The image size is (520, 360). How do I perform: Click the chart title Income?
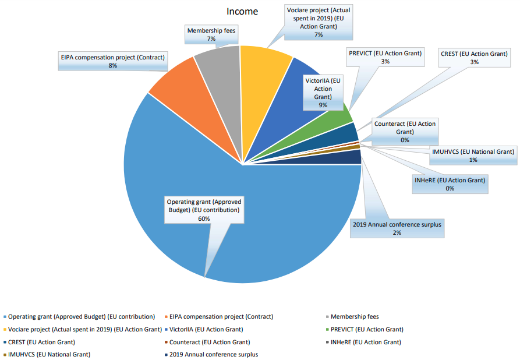click(242, 11)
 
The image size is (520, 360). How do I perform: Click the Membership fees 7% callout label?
click(211, 34)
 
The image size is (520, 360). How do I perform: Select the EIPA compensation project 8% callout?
click(114, 61)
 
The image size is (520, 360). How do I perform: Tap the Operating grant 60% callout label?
click(204, 210)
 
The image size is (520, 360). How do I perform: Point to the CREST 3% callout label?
click(475, 57)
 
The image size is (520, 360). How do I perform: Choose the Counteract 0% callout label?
click(405, 132)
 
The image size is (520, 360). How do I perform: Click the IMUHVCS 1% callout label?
click(473, 155)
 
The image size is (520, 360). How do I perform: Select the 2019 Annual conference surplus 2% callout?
click(397, 228)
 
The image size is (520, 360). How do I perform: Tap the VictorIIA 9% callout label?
click(323, 93)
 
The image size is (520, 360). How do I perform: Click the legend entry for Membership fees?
click(354, 316)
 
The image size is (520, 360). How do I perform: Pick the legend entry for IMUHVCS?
click(49, 354)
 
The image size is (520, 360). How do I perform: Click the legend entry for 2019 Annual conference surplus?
click(213, 354)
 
